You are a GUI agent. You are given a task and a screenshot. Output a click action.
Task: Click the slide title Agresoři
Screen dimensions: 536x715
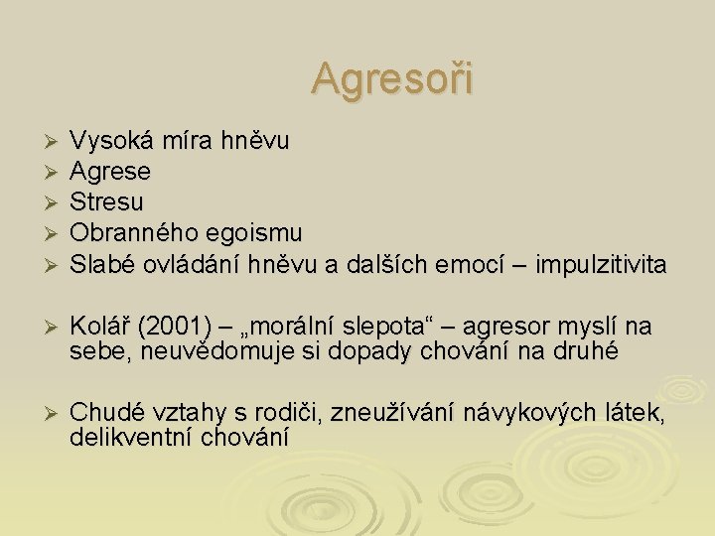393,77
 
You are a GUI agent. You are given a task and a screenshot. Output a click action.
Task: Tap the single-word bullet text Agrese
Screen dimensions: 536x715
109,172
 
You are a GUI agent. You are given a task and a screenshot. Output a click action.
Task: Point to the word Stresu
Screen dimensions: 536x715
105,202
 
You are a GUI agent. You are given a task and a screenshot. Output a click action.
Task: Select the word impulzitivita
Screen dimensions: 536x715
601,264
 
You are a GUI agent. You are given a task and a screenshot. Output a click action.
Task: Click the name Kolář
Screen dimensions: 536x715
99,327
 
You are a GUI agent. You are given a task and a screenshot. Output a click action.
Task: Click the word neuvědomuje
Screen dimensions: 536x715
202,350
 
